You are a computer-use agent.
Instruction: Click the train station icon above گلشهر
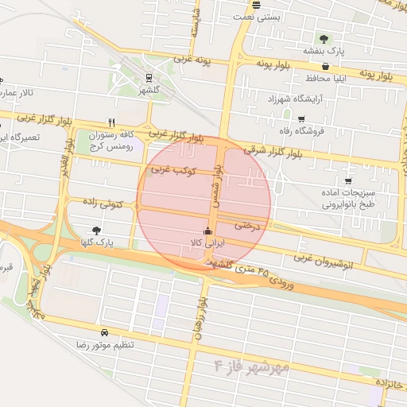(149, 78)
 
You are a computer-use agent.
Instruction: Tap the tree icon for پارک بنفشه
(324, 38)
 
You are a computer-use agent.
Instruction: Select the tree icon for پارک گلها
(97, 230)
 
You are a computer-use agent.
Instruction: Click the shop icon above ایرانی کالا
(208, 231)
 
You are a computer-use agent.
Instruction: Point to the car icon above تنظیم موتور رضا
(104, 332)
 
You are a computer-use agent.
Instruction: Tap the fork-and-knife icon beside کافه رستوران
(112, 122)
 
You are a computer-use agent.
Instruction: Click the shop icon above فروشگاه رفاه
(301, 119)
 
